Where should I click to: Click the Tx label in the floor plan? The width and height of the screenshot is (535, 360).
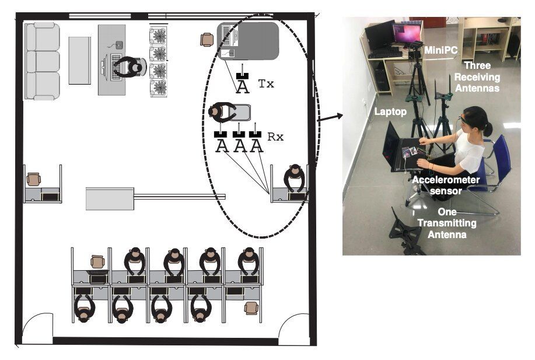265,84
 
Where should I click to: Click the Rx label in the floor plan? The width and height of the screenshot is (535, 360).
275,137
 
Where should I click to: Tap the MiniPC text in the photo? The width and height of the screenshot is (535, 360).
440,51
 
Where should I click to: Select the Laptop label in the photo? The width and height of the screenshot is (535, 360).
390,111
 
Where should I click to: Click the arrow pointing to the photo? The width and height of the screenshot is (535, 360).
329,118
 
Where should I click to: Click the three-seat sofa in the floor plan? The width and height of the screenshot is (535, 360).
42,61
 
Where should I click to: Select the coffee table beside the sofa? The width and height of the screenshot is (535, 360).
80,61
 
